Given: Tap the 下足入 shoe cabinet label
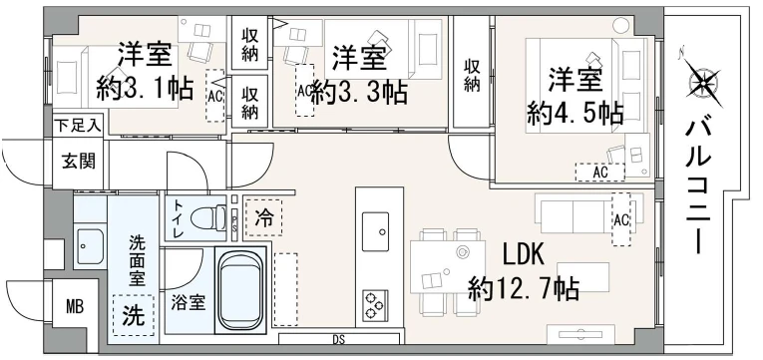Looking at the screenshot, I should pyautogui.click(x=76, y=126).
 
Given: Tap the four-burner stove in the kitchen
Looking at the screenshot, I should pyautogui.click(x=376, y=303).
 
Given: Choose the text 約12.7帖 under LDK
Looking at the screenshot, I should pyautogui.click(x=526, y=289).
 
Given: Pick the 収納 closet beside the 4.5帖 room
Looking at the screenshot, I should pyautogui.click(x=472, y=75).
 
